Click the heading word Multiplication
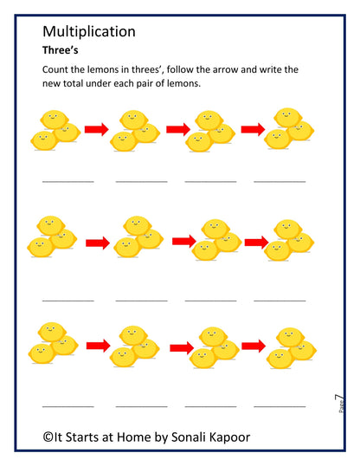88,32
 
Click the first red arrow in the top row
97,130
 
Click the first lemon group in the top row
55,128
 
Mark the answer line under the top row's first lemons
67,182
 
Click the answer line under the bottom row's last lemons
280,405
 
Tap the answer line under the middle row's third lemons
210,299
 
